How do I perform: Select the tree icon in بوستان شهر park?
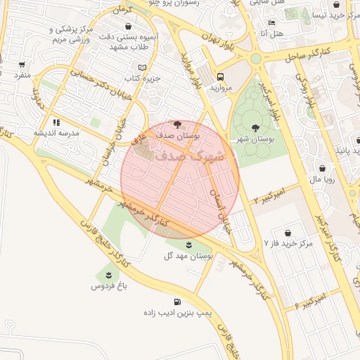(x=255, y=127)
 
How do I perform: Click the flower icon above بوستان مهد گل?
(x=189, y=245)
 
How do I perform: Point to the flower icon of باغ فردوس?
(x=108, y=274)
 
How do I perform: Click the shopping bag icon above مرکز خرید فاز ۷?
(x=288, y=232)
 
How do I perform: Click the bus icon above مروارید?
(x=221, y=77)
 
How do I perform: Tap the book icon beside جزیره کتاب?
(x=143, y=67)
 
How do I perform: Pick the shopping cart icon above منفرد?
(x=22, y=64)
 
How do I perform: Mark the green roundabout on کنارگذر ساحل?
(x=255, y=58)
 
